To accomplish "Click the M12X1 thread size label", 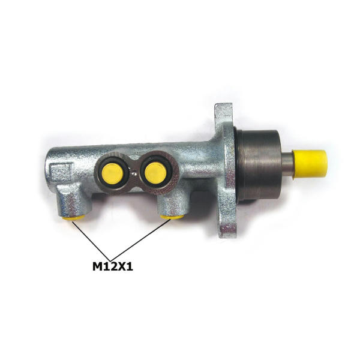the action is pos(113,266).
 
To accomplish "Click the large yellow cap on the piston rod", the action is pos(310,164).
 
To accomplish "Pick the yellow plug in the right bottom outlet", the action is pos(172,217).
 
